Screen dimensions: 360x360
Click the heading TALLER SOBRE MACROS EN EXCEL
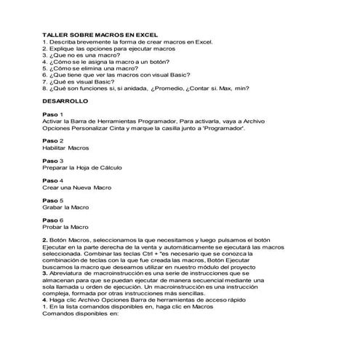coord(100,35)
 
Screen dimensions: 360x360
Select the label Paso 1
coord(53,115)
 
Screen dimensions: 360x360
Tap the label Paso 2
coord(53,140)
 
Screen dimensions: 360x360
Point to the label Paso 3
coord(53,160)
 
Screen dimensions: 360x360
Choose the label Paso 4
coord(53,180)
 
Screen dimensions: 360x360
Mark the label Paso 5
coord(53,199)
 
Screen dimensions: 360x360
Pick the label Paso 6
coord(53,219)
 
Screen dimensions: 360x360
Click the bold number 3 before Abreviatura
coord(45,272)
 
